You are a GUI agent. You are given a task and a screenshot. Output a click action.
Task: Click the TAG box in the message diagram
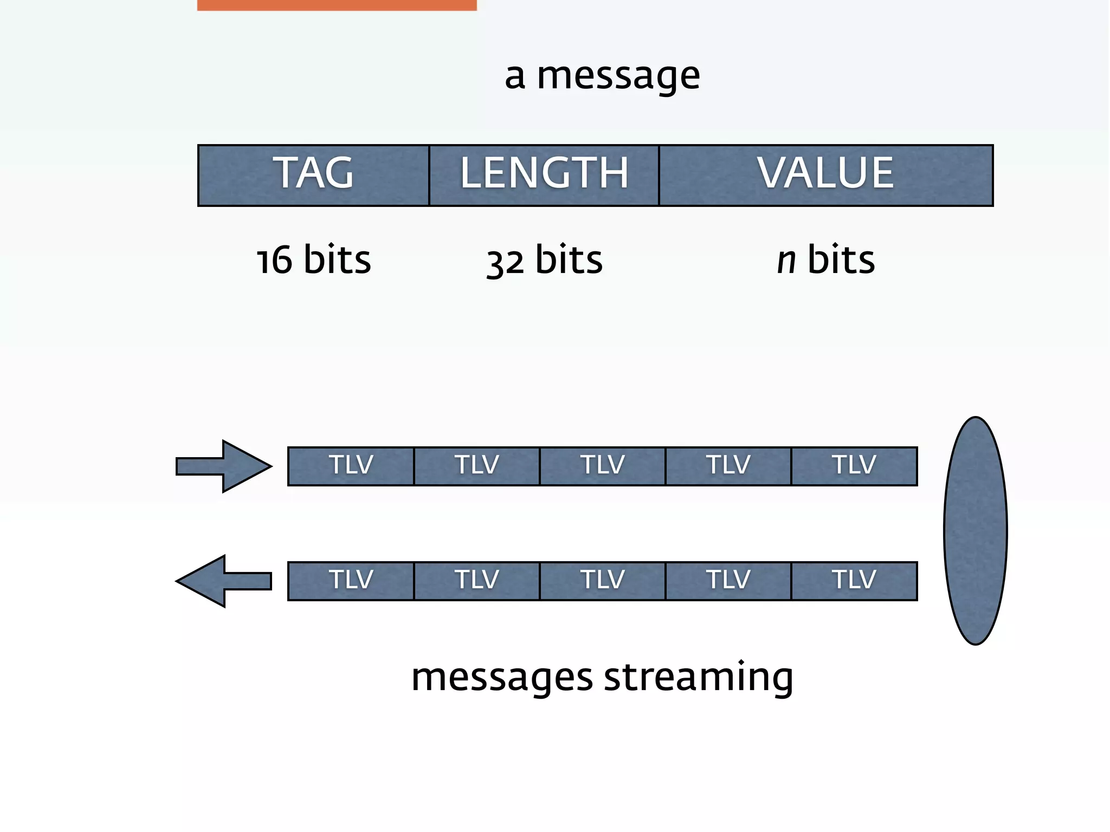[313, 175]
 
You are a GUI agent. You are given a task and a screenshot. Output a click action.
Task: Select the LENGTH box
[544, 175]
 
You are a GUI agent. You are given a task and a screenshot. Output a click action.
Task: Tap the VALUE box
[825, 175]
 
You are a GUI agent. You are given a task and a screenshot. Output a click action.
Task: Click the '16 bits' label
[313, 260]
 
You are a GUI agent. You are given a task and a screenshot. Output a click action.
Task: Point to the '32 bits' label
[544, 260]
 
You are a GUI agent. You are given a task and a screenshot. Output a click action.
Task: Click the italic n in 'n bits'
[786, 260]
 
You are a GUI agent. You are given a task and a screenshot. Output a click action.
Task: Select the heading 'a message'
[602, 76]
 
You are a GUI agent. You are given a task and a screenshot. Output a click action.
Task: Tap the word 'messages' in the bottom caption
[502, 677]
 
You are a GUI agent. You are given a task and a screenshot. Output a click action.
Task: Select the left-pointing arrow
[223, 581]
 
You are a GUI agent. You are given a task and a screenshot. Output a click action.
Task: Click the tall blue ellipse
[975, 531]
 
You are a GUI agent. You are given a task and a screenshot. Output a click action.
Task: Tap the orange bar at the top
[337, 5]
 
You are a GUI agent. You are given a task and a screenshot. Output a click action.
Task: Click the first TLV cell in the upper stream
[351, 466]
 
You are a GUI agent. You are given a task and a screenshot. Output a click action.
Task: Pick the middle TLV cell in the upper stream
[602, 466]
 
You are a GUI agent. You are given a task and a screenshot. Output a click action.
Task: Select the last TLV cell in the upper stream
[854, 466]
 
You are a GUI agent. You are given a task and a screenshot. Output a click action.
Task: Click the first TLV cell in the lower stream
[351, 581]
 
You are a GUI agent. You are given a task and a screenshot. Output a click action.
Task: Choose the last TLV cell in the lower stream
[854, 581]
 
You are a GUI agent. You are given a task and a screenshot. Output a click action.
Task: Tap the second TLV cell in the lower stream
[476, 581]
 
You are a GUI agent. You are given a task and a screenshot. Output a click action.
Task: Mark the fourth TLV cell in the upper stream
[728, 466]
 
